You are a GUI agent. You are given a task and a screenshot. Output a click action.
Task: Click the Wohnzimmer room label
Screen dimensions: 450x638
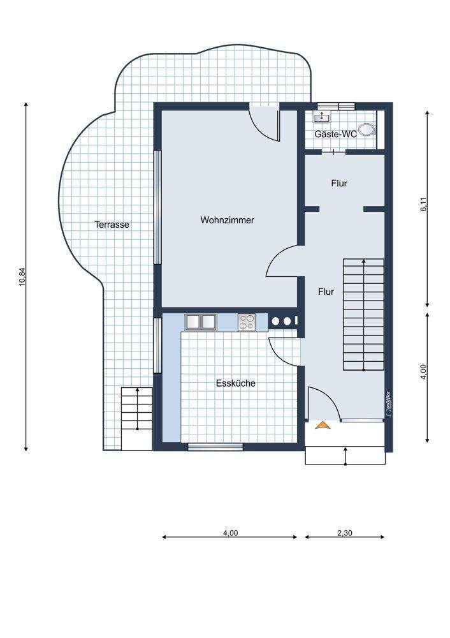click(x=228, y=220)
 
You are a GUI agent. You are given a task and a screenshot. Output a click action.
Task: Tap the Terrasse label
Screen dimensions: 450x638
click(x=112, y=224)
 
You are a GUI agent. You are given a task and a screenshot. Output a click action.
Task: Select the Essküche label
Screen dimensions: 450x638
click(x=236, y=383)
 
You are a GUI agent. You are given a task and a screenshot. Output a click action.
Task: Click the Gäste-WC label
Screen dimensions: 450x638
click(x=335, y=134)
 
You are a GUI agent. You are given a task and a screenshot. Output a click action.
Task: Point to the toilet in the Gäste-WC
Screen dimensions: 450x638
click(x=368, y=129)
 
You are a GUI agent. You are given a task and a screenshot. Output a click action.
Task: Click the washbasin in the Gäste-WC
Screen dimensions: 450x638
click(x=322, y=118)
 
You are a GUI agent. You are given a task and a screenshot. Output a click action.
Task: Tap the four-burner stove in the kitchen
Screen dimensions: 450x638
click(x=246, y=322)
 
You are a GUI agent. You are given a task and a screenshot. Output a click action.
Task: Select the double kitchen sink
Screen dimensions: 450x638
click(x=201, y=322)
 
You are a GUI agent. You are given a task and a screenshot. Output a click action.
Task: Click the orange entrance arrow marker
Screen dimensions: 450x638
click(x=323, y=425)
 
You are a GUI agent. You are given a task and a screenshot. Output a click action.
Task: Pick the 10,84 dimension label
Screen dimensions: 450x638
click(x=22, y=277)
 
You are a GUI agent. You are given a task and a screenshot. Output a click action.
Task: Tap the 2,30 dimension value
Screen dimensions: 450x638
click(x=345, y=533)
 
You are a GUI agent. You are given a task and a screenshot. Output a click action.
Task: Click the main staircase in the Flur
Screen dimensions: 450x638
click(x=363, y=314)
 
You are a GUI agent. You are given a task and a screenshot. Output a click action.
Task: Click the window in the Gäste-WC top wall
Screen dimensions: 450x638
click(x=336, y=106)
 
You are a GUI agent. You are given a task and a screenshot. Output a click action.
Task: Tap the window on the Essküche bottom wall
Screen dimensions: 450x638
click(x=215, y=447)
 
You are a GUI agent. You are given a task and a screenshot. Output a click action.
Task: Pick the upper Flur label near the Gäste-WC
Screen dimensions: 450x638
click(x=339, y=184)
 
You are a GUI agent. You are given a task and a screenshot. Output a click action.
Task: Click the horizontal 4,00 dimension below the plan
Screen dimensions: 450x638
click(x=229, y=537)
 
